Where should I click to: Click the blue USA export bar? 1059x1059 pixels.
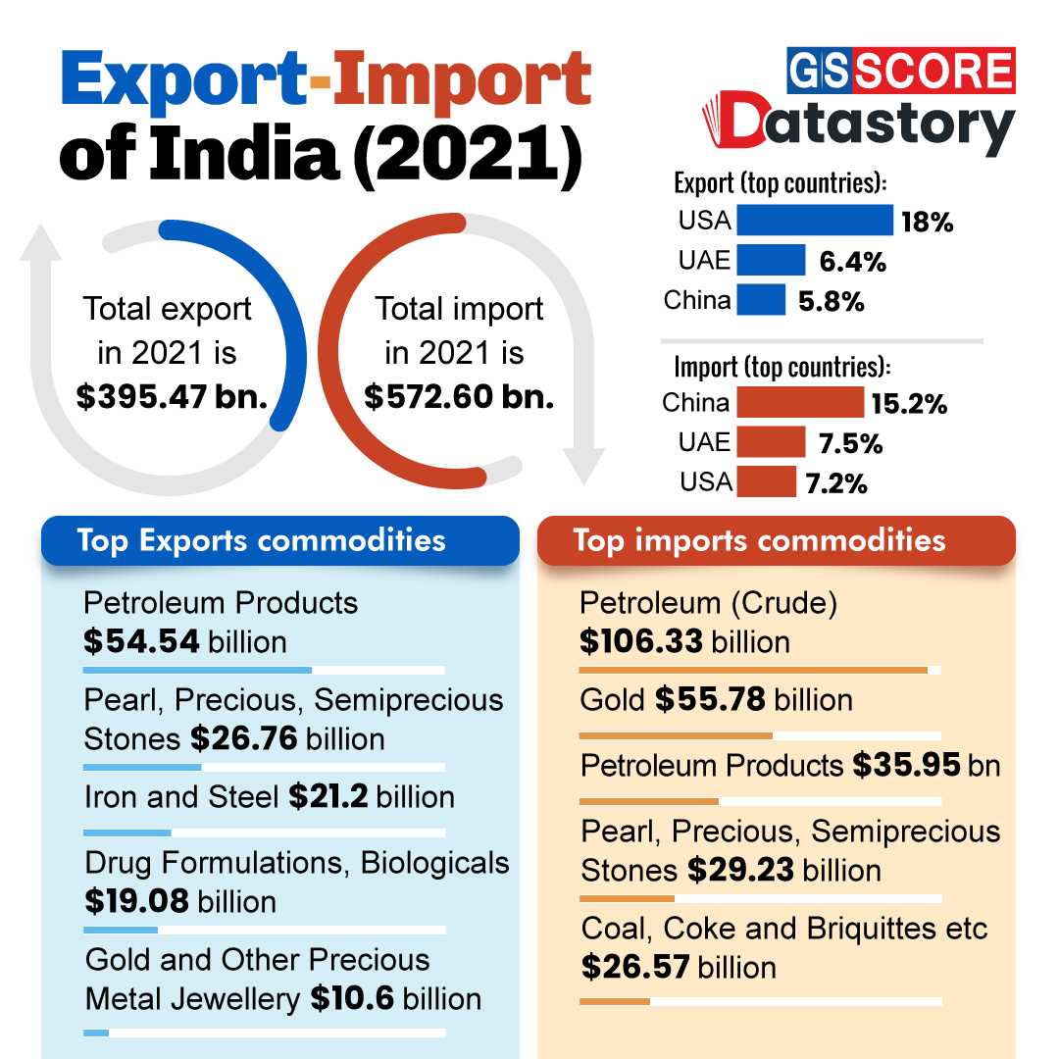pyautogui.click(x=815, y=220)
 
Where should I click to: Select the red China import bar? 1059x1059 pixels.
pyautogui.click(x=800, y=402)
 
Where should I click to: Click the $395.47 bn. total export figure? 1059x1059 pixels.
pyautogui.click(x=173, y=396)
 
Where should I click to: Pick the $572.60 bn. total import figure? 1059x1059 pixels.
pyautogui.click(x=459, y=396)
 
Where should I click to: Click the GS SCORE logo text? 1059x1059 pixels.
pyautogui.click(x=901, y=72)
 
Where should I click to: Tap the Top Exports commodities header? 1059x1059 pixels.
pyautogui.click(x=261, y=540)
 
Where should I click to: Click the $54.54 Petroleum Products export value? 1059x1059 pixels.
pyautogui.click(x=142, y=642)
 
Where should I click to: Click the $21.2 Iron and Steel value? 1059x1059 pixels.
pyautogui.click(x=328, y=797)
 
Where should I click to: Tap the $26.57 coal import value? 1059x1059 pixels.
pyautogui.click(x=629, y=967)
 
